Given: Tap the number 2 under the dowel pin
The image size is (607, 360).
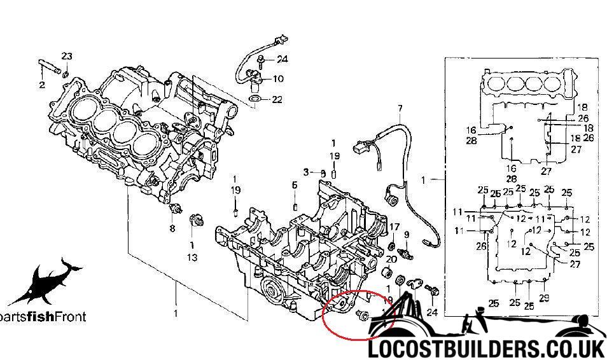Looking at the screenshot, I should coord(42,84).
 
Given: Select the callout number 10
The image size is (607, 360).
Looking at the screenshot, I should coord(278,80).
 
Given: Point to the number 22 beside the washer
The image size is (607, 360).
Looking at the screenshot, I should coord(276,99).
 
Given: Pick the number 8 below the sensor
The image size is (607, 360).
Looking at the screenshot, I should coord(171,228).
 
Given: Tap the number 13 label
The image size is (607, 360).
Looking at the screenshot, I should coord(192,258).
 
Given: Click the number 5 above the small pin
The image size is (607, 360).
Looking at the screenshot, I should coord(295,185).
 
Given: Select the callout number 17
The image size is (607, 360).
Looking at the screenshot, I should coord(394,227).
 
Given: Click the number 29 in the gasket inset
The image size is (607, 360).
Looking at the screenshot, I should coord(543,298).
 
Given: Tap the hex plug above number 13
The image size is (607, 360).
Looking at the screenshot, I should coord(196,221).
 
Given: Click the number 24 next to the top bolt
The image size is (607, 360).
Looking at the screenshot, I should coord(282,59).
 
